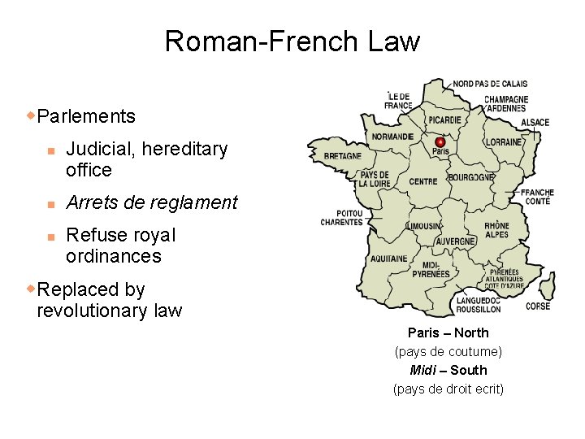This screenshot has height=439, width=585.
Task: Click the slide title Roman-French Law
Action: tap(292, 41)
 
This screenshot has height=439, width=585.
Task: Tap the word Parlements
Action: tap(86, 116)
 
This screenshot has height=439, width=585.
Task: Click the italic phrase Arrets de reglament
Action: tap(151, 202)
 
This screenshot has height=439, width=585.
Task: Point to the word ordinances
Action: tap(113, 256)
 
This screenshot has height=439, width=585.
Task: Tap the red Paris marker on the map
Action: tap(440, 141)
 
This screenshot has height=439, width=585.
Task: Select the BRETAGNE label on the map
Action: tap(343, 156)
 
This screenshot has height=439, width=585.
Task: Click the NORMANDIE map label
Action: tap(393, 137)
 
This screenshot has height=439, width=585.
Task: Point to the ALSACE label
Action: tap(535, 123)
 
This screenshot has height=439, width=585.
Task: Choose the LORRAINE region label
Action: tap(504, 141)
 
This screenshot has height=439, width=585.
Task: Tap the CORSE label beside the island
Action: tap(538, 306)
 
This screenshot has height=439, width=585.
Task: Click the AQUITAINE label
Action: tap(388, 259)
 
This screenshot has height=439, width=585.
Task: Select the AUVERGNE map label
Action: tap(456, 241)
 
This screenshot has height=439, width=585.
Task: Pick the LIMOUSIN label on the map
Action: tap(424, 225)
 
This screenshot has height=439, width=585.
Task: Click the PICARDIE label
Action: tap(442, 120)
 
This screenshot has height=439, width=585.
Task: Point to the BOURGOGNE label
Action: tap(471, 177)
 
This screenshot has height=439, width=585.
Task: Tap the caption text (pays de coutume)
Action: tap(448, 351)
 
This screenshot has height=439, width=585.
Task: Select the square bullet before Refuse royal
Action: tap(50, 236)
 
